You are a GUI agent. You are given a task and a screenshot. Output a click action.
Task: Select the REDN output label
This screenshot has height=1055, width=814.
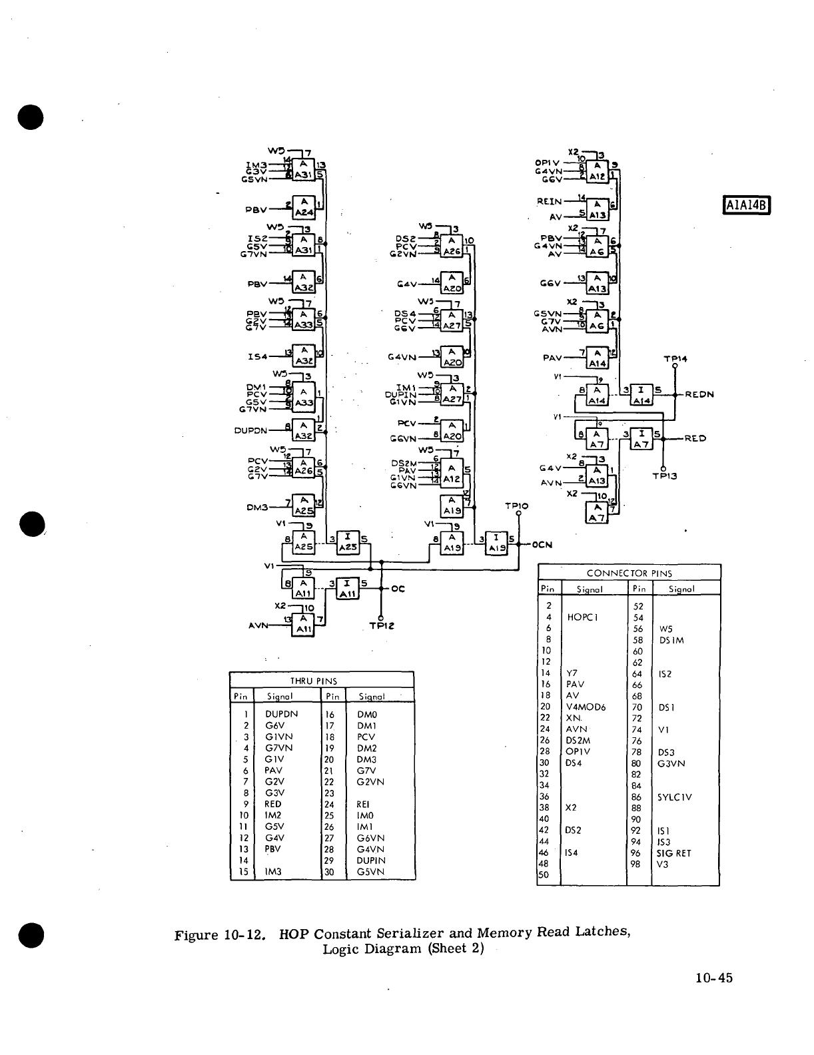[x=699, y=394]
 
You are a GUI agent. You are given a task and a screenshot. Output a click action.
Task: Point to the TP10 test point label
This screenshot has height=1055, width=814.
[x=517, y=506]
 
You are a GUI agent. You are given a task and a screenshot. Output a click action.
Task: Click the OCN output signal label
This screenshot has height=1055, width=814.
[x=543, y=545]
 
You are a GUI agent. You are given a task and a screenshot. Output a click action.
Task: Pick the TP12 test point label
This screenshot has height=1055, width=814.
[x=382, y=626]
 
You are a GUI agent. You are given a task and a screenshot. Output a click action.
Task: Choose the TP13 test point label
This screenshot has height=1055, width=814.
[x=665, y=476]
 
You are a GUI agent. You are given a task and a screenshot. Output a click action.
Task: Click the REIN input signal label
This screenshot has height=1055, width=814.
[x=550, y=200]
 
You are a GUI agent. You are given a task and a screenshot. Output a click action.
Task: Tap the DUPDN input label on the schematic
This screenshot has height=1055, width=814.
[x=251, y=430]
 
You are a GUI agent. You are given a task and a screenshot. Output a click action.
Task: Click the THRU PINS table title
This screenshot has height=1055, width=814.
[x=313, y=681]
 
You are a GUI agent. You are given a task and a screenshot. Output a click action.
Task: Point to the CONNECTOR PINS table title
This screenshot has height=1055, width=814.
[x=629, y=573]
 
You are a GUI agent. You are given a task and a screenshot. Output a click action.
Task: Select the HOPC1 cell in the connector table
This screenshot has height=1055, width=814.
[x=582, y=617]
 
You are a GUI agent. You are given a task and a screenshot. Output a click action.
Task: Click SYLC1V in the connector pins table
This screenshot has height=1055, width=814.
[x=675, y=797]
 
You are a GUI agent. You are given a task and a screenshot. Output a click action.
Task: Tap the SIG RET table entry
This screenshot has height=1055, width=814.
[x=674, y=853]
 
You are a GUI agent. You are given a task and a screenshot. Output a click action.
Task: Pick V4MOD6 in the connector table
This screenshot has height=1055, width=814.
[x=586, y=707]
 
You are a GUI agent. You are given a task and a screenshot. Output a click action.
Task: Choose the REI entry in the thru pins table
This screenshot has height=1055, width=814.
[x=364, y=804]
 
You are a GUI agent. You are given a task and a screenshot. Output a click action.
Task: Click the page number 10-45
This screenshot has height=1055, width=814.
[x=713, y=978]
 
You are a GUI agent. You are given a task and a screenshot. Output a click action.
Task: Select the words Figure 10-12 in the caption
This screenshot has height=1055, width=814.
[x=220, y=934]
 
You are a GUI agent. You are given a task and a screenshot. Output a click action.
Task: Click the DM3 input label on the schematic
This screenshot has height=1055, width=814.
[x=257, y=508]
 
